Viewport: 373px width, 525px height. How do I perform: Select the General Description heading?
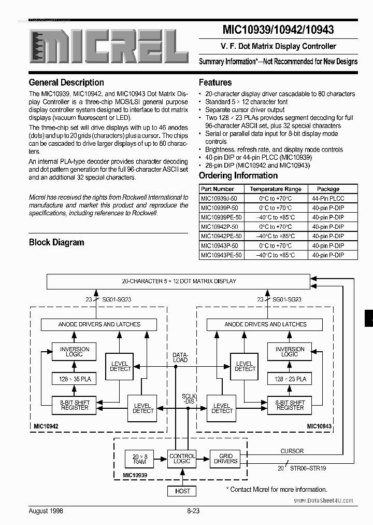click(x=66, y=82)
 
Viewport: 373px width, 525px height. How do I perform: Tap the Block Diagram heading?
click(x=56, y=242)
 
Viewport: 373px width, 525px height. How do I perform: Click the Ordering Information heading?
click(x=238, y=175)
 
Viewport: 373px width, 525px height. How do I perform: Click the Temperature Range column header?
click(x=275, y=189)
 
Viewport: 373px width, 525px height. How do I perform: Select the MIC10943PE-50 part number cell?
click(x=221, y=255)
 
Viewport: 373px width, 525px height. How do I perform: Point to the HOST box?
click(x=182, y=491)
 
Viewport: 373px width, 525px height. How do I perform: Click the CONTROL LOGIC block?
click(x=182, y=459)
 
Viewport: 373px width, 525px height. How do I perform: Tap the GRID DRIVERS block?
click(x=225, y=459)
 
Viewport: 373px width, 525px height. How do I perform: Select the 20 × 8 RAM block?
click(x=139, y=459)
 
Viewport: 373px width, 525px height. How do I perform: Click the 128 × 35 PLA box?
click(x=75, y=379)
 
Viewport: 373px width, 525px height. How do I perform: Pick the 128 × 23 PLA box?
click(x=290, y=379)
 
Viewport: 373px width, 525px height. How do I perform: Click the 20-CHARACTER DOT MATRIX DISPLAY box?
click(x=179, y=282)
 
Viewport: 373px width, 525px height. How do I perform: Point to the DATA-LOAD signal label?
click(x=180, y=358)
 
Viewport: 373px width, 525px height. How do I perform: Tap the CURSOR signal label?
click(x=292, y=451)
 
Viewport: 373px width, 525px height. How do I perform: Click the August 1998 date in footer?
click(x=46, y=511)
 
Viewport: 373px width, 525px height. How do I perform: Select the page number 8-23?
click(x=193, y=511)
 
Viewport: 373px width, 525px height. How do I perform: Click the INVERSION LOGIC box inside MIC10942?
click(x=75, y=352)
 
